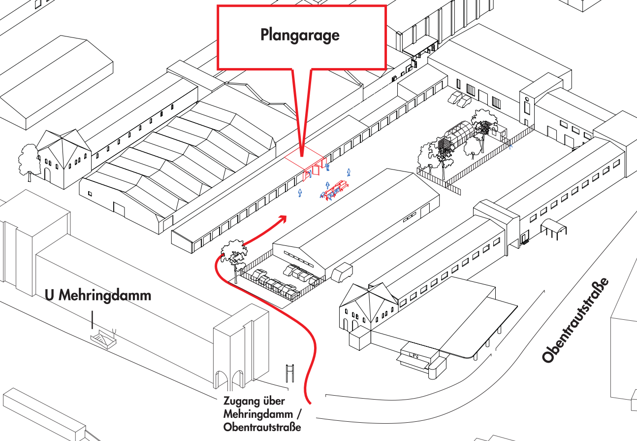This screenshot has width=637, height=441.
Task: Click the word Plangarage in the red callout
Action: click(x=300, y=35)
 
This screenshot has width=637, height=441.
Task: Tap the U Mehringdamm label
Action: click(x=98, y=296)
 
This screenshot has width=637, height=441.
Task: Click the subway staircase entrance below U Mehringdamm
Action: click(x=103, y=339)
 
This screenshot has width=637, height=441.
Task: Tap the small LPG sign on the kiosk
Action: click(x=414, y=355)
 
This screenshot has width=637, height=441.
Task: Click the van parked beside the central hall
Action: click(x=343, y=272)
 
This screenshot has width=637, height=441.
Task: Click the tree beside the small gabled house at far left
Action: click(x=28, y=159)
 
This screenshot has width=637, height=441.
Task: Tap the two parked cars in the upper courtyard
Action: click(x=459, y=99)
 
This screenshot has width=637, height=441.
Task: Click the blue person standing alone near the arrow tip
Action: click(x=300, y=193)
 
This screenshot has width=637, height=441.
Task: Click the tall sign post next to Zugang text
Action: click(x=290, y=373)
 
